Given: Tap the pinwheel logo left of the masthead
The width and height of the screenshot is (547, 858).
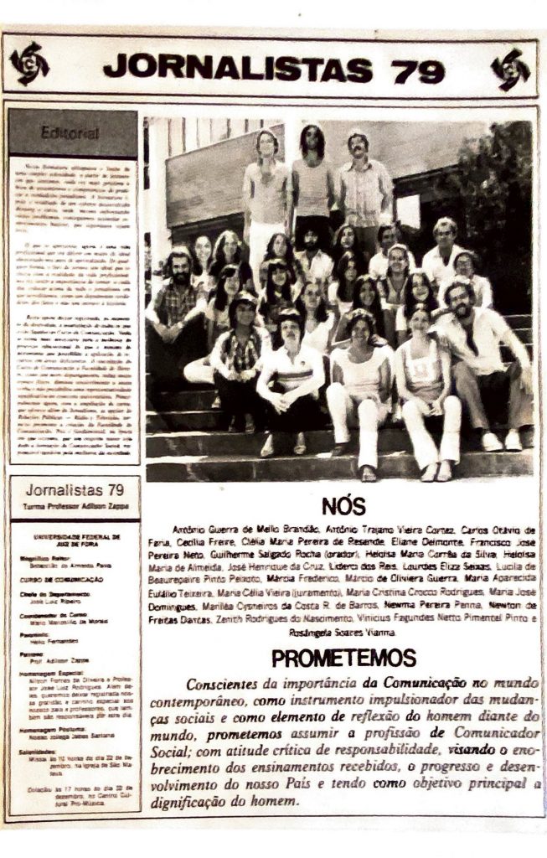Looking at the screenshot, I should click(x=30, y=63).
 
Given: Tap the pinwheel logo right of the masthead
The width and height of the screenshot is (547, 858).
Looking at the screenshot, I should click(x=510, y=69).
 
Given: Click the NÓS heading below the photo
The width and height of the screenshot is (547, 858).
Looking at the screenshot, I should click(x=343, y=507).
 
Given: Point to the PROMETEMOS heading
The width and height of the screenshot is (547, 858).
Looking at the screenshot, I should click(x=343, y=657).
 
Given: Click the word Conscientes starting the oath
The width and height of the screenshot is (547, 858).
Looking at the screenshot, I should click(x=225, y=685).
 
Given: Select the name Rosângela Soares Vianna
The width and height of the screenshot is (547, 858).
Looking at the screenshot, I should click(x=343, y=632).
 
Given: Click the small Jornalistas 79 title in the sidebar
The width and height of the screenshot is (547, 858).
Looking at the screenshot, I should click(x=74, y=490).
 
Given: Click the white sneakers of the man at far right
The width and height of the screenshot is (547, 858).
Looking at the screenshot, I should click(x=502, y=441).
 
